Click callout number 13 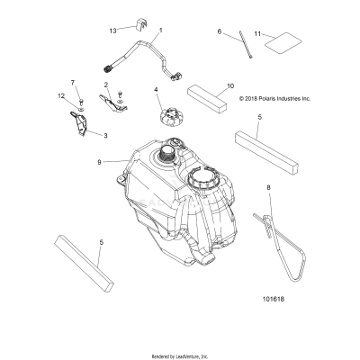[x=112, y=31]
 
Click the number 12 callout [x=62, y=95]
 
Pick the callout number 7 [x=74, y=82]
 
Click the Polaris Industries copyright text [x=274, y=99]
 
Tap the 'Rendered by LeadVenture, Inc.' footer [x=180, y=355]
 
